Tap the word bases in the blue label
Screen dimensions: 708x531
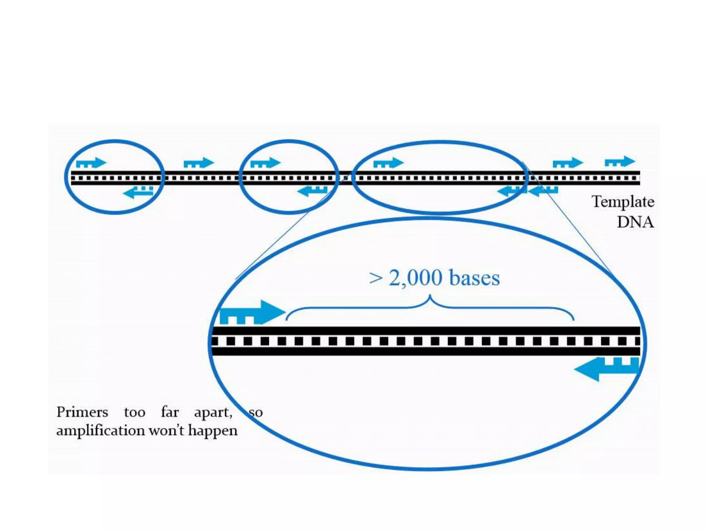pyautogui.click(x=474, y=278)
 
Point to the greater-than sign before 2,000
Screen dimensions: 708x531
pyautogui.click(x=375, y=278)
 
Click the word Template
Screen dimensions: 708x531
pyautogui.click(x=623, y=202)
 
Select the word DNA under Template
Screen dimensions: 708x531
pyautogui.click(x=635, y=222)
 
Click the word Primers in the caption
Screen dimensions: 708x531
pyautogui.click(x=82, y=412)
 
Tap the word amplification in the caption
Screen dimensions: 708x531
pyautogui.click(x=101, y=431)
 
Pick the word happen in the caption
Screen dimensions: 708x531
pyautogui.click(x=213, y=431)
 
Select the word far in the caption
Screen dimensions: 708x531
pyautogui.click(x=170, y=412)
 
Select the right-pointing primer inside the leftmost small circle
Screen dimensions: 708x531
pyautogui.click(x=91, y=163)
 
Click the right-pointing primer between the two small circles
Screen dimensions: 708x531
pyautogui.click(x=199, y=163)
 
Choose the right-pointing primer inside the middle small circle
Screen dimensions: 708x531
pyautogui.click(x=265, y=163)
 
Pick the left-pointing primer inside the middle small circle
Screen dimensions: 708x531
pyautogui.click(x=312, y=191)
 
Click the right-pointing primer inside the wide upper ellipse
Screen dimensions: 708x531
pyautogui.click(x=388, y=163)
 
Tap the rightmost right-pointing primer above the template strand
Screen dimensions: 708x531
pyautogui.click(x=620, y=162)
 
